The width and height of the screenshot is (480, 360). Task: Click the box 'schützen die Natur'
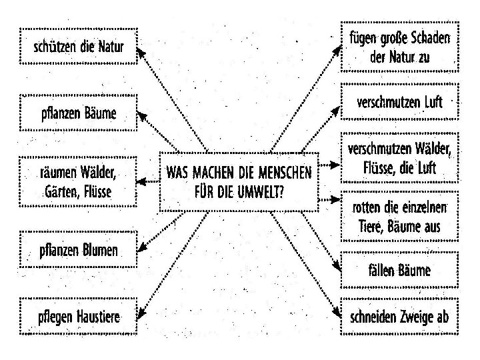point(79,47)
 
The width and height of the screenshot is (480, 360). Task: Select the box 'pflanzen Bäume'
point(79,113)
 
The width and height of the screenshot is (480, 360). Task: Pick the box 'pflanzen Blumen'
point(79,251)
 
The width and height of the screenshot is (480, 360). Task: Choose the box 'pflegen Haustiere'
point(79,317)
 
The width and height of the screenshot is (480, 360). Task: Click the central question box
point(239,182)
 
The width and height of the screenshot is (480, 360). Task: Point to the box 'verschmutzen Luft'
point(399,103)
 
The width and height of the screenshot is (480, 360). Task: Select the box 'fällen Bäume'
point(399,270)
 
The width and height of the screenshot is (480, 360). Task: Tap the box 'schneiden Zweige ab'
point(399,317)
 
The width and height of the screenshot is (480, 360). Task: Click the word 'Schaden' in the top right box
point(427,38)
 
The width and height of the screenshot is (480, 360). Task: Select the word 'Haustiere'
point(98,317)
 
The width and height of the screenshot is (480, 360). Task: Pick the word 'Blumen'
point(98,251)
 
